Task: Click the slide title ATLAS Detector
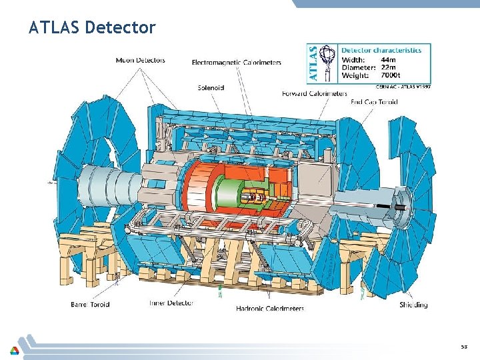point(92,27)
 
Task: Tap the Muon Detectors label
point(140,60)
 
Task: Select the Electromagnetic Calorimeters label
point(236,63)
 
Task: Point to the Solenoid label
point(211,87)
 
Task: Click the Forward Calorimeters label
point(315,93)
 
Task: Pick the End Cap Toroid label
point(374,102)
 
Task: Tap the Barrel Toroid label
point(90,305)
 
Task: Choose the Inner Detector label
point(171,303)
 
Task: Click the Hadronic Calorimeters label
point(270,309)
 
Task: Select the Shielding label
point(413,305)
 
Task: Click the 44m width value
point(389,59)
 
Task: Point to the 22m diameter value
point(389,67)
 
